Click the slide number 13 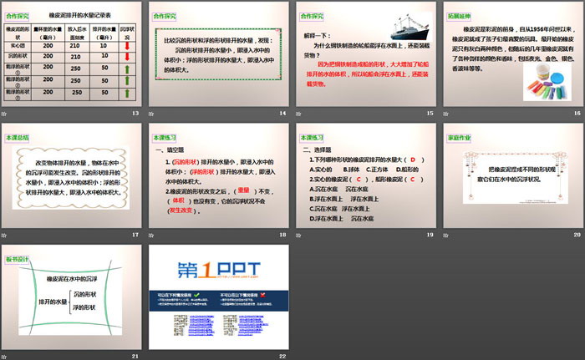click(136, 112)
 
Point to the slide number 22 click(282, 356)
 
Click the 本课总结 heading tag click(18, 136)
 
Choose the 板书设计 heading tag click(18, 258)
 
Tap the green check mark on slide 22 click(198, 294)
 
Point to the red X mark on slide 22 click(262, 294)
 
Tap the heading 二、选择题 click(320, 150)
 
